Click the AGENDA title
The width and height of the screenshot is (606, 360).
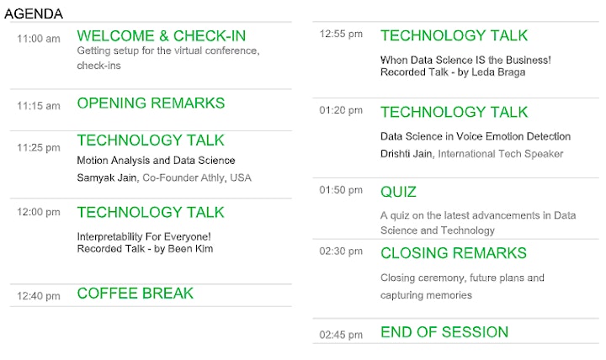coord(34,14)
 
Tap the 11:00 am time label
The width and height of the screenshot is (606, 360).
coord(39,39)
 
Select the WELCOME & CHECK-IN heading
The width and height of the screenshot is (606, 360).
coord(161,36)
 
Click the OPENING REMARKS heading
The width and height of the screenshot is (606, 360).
coord(151,103)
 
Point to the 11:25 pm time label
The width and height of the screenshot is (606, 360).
coord(39,147)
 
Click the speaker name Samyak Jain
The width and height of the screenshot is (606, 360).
coord(107,177)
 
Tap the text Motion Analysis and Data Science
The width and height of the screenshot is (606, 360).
coord(156,161)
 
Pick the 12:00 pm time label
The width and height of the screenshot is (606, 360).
coord(39,212)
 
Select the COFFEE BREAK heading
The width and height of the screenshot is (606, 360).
coord(136,294)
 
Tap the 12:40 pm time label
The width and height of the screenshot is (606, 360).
coord(39,296)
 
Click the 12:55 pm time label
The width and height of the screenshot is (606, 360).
coord(341,34)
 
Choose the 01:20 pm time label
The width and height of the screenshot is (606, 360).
coord(341,110)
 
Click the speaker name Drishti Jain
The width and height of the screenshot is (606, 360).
coord(407,154)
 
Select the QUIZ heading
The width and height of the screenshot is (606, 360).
coord(398,192)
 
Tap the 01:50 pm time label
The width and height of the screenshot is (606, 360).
coord(341,190)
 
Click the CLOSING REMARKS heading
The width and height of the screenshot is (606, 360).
coord(454,253)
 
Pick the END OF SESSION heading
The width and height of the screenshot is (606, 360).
coord(444,332)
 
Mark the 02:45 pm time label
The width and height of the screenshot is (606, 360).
coord(341,335)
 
